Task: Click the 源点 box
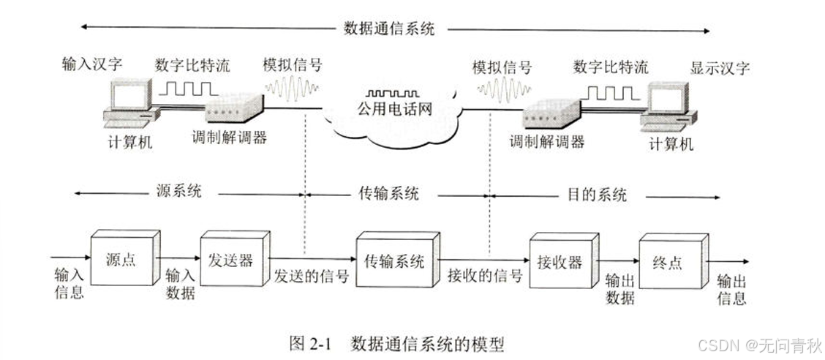tap(121, 259)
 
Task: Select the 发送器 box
tap(230, 259)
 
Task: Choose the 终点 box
tap(669, 261)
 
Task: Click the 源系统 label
tap(178, 192)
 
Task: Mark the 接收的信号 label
tap(485, 276)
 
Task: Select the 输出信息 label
tap(731, 289)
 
